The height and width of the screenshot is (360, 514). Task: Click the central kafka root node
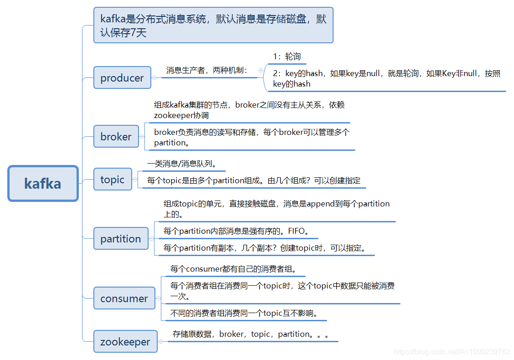coord(43,183)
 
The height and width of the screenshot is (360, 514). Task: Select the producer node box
coord(122,78)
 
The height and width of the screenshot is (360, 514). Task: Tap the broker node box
coord(116,137)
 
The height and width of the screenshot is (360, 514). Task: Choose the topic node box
coord(112,180)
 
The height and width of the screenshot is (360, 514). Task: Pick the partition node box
coord(121,239)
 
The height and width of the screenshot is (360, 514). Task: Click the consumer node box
coord(124,298)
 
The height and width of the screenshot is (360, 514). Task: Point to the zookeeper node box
coord(125,342)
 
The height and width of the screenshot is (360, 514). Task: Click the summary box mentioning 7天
coord(213,26)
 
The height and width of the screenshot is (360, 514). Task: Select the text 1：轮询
coord(287,57)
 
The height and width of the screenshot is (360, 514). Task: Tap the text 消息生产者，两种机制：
coord(207,70)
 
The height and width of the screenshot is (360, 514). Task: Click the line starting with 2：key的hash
coord(386,78)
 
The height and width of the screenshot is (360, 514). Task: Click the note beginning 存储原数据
coord(251,334)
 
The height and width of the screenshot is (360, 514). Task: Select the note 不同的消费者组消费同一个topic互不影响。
coord(244,313)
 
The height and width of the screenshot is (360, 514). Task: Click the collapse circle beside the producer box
coord(154,78)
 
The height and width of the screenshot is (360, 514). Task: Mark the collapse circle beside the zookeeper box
coord(160,342)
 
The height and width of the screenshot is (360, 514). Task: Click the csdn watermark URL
coord(452,351)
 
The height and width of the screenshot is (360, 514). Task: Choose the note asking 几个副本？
coord(264,248)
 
